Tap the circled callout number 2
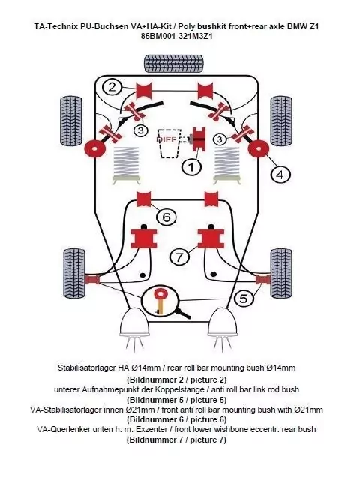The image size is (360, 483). click(112, 87)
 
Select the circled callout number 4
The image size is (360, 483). click(280, 175)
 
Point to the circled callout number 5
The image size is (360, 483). click(243, 298)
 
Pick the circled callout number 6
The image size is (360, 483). click(167, 217)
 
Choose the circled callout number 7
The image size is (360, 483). click(179, 257)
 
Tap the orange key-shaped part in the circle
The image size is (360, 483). click(160, 299)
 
